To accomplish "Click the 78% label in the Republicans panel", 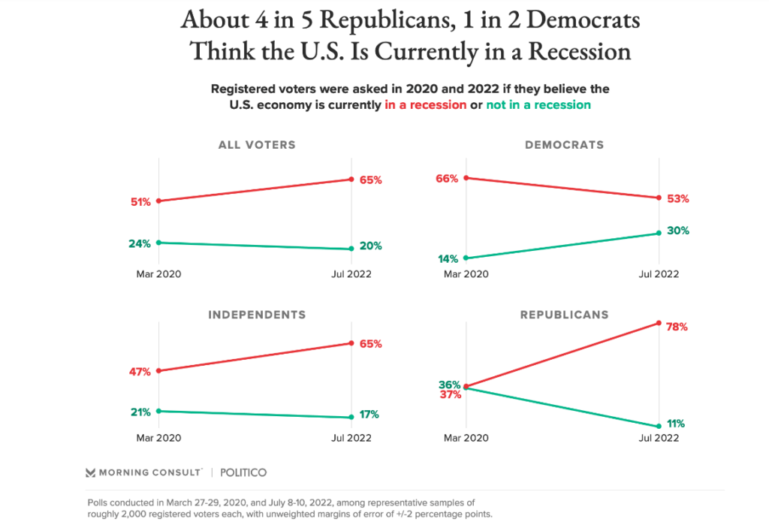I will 678,327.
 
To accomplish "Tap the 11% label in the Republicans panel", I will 676,424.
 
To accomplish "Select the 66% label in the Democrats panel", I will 446,178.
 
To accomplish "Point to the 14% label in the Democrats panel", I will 448,259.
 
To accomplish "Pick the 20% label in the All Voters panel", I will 370,246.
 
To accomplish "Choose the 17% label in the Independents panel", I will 369,414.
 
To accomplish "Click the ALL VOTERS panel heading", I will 257,145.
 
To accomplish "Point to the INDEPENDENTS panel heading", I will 257,314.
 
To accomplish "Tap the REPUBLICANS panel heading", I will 565,314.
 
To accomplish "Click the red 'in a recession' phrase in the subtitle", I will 425,105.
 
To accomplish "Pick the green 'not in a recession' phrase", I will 538,105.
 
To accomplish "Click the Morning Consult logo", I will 143,472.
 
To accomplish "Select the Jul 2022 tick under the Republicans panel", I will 658,438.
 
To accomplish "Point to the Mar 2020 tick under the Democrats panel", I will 466,274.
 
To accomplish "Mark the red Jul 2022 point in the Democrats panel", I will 659,198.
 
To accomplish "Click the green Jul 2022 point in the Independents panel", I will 351,418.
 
